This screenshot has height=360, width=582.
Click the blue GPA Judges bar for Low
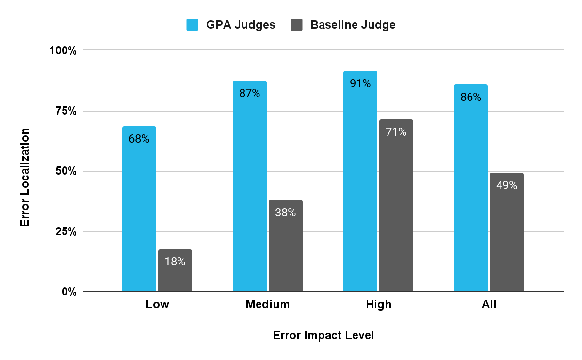(139, 209)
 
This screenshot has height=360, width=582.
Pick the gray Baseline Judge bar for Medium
(286, 245)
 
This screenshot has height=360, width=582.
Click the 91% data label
(360, 83)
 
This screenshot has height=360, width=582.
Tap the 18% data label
(175, 262)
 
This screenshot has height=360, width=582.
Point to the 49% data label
(507, 185)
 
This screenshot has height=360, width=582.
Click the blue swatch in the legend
(193, 25)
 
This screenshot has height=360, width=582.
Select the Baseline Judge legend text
(353, 25)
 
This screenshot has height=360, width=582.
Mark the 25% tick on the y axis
(65, 231)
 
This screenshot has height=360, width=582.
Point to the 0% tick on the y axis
(68, 292)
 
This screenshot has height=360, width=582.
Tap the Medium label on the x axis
(268, 305)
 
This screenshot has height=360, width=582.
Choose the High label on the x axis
(378, 305)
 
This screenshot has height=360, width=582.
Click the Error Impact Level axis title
(323, 336)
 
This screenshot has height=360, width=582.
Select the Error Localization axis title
(25, 177)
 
